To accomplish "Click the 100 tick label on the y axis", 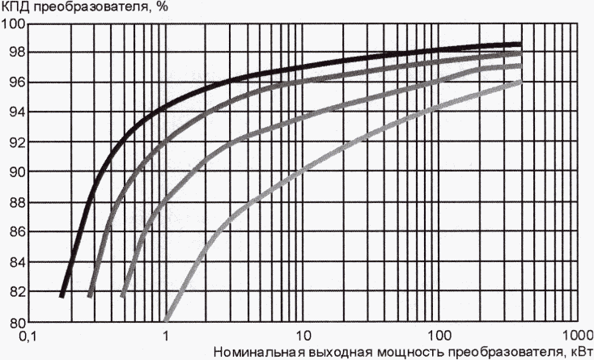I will (x=13, y=22).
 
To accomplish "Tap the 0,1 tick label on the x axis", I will (x=29, y=335).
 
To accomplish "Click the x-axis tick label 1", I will (x=166, y=335).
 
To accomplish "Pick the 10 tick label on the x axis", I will (x=303, y=335).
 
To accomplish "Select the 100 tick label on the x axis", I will (x=439, y=335).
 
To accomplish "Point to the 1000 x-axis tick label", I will (x=576, y=335).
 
